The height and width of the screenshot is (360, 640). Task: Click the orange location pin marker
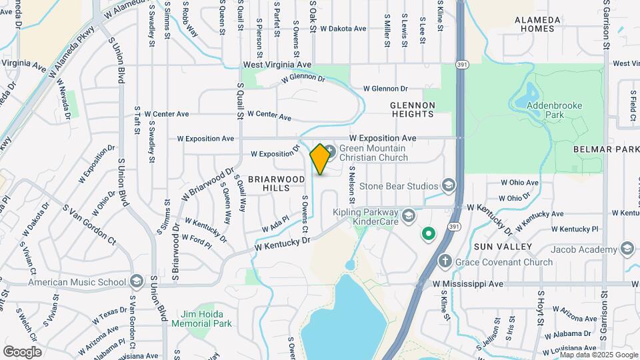click(x=320, y=159)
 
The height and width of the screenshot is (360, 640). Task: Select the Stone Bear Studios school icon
click(x=449, y=185)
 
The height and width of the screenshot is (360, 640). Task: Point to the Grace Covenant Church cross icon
click(x=445, y=261)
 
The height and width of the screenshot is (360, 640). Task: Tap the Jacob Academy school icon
click(x=626, y=249)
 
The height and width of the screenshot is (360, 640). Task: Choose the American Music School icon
click(x=137, y=281)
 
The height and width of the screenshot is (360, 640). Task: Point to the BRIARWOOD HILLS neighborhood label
click(x=277, y=184)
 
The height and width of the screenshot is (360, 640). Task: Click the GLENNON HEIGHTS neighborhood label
click(x=412, y=109)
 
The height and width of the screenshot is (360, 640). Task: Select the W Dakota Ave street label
click(x=343, y=29)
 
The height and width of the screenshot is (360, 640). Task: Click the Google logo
click(x=22, y=351)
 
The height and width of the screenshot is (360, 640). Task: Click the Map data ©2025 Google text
click(x=599, y=355)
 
